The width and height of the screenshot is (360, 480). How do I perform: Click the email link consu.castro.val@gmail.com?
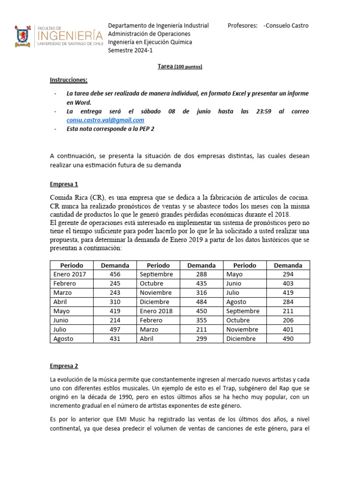coord(105,120)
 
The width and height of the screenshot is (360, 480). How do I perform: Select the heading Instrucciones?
coord(68,80)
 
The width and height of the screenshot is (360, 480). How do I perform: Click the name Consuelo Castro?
coord(286,25)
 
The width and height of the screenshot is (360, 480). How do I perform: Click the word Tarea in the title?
coord(165,67)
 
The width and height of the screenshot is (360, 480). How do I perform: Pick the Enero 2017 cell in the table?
coord(73,274)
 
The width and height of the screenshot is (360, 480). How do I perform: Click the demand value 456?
coord(115,274)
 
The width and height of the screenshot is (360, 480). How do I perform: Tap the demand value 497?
coord(115,330)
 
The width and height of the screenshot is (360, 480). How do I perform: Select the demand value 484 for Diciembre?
coord(201,302)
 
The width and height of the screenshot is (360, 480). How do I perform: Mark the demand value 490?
coord(288,338)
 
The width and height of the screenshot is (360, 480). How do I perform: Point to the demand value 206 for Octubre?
coord(288,320)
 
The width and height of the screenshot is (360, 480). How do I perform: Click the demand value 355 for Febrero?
coord(201,320)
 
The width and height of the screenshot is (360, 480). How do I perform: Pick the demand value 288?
coord(201,274)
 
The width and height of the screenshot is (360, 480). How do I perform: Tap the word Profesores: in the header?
coord(243,25)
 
